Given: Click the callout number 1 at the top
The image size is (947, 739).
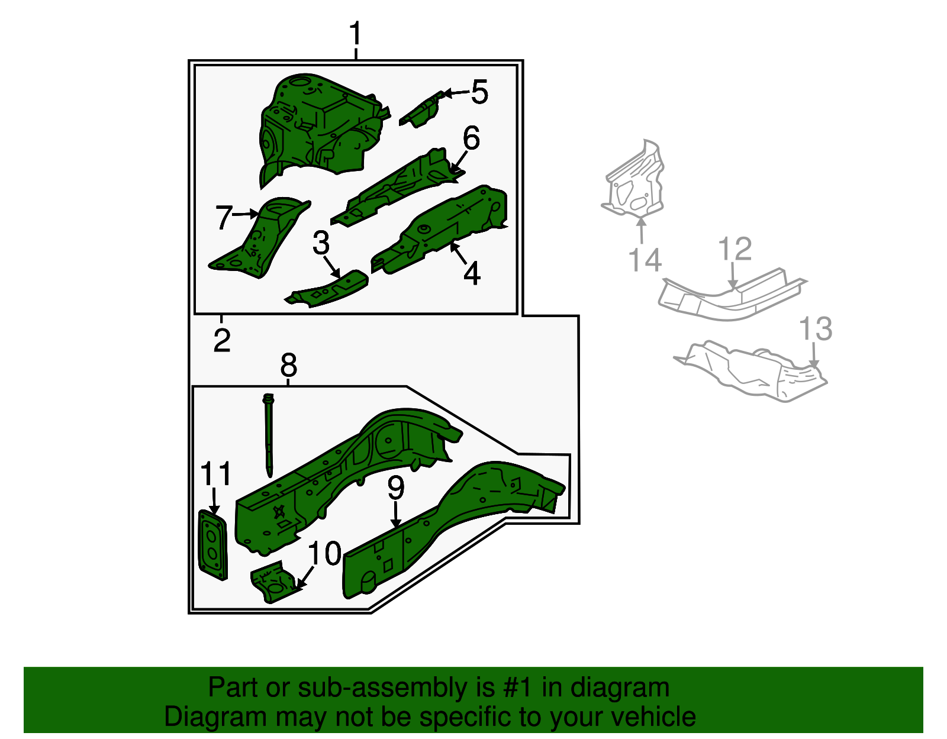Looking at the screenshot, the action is (x=356, y=33).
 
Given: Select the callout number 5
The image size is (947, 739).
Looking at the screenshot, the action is (x=480, y=92).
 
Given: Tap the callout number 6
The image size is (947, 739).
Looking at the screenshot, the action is (x=471, y=138).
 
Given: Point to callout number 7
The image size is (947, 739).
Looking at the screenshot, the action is (x=224, y=217).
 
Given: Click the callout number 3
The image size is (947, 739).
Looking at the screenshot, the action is (x=321, y=243).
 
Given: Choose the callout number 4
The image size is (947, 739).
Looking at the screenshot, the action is (x=472, y=273).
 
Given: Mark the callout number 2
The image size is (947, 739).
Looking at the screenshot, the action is (x=222, y=340).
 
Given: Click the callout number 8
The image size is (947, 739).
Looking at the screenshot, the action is (x=288, y=364).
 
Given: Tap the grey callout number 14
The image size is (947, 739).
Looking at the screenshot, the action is (x=645, y=260).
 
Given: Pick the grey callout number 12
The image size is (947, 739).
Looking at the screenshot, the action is (x=735, y=249).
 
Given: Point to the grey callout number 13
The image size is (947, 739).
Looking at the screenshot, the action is (x=816, y=329).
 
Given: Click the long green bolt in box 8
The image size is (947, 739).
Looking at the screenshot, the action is (x=269, y=435).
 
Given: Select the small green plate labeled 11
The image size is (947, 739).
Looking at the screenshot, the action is (x=212, y=545).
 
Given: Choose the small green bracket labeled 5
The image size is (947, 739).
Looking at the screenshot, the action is (x=421, y=109).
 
